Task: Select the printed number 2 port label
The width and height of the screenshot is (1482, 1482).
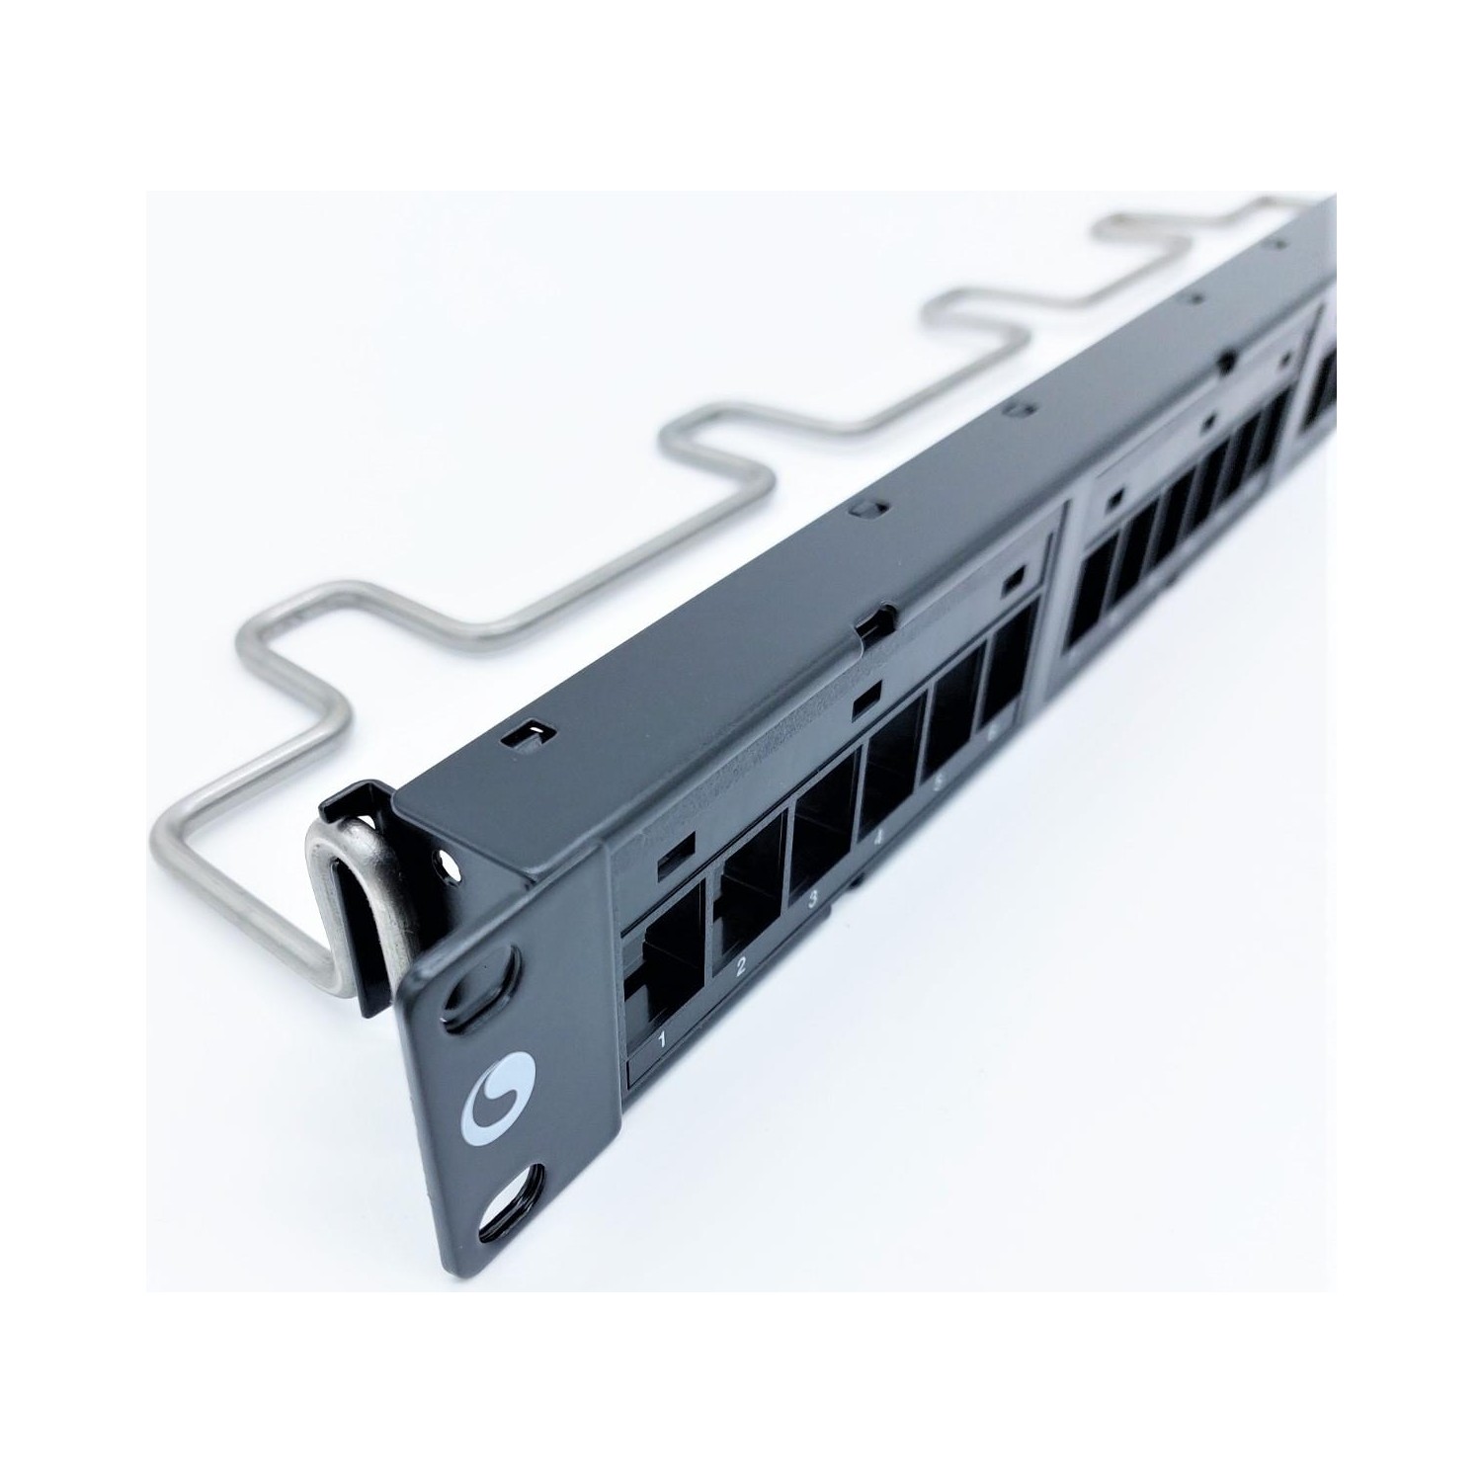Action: coord(741,966)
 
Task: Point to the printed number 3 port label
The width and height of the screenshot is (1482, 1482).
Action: coord(813,900)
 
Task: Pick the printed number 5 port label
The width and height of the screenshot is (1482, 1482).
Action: coord(940,783)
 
